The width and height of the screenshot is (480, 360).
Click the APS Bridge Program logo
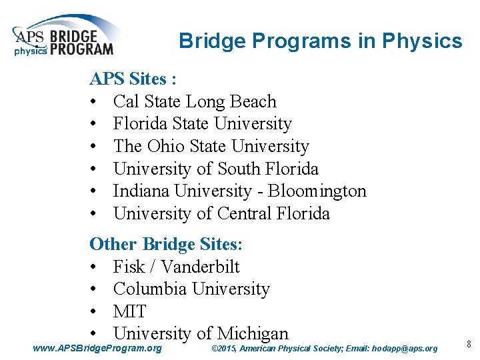(x=63, y=37)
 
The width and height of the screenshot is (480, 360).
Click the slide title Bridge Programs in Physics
(x=320, y=41)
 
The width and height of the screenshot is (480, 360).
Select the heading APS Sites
(x=133, y=79)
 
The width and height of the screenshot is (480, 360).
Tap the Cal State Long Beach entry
(x=194, y=102)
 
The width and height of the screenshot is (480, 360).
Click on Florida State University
(x=202, y=124)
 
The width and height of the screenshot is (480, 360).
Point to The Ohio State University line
(x=211, y=147)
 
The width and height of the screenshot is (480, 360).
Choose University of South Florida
(x=216, y=169)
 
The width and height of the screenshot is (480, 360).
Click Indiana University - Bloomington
(x=239, y=191)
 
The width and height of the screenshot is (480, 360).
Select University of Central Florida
(x=221, y=214)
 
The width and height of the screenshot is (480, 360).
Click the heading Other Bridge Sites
(x=166, y=244)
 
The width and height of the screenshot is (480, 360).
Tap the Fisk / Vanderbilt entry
(x=176, y=267)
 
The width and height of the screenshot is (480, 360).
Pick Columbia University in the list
(x=191, y=289)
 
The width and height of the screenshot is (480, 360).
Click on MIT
(x=129, y=311)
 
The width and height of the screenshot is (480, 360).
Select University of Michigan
(x=201, y=333)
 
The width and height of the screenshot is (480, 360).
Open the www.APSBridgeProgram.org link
(x=97, y=348)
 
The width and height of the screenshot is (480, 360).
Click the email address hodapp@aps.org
(x=405, y=349)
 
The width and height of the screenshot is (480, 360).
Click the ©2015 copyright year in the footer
(x=223, y=349)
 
